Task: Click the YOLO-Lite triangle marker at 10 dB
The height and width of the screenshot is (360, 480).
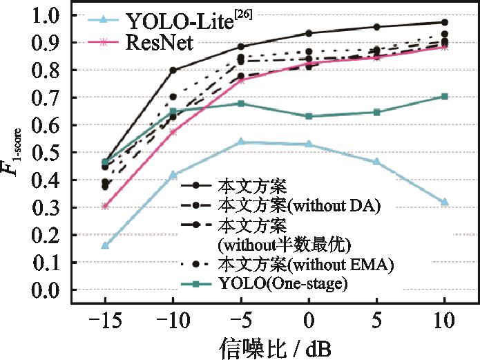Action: pos(445,202)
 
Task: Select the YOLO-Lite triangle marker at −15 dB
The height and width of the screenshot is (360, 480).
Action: pos(105,245)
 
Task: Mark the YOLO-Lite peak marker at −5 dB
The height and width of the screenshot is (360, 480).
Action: pos(240,142)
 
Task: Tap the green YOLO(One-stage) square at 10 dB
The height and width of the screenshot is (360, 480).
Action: pos(445,97)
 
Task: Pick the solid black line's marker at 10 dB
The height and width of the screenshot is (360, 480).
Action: pos(445,22)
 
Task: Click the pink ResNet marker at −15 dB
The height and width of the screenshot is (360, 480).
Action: pos(105,206)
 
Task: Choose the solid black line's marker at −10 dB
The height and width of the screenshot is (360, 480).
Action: pos(173,70)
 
